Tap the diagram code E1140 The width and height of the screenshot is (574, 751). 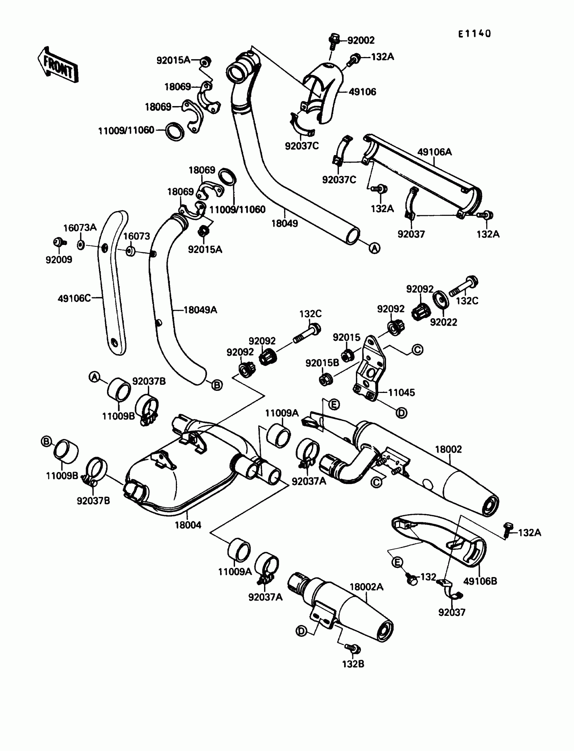[x=474, y=33]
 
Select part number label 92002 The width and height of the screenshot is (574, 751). [x=361, y=40]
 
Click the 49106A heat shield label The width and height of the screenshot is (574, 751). [x=434, y=152]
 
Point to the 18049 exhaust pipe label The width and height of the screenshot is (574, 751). [x=285, y=224]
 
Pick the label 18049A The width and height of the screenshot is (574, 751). [x=200, y=310]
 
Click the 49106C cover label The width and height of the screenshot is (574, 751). [x=74, y=298]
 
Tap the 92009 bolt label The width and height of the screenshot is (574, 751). [x=59, y=260]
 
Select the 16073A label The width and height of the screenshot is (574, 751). [x=80, y=228]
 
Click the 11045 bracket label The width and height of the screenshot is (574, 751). [x=401, y=393]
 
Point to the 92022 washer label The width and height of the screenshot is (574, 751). [x=443, y=322]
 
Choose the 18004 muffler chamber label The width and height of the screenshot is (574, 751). [x=188, y=525]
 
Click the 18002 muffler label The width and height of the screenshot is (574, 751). [x=448, y=449]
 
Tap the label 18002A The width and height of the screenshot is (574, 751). [x=366, y=587]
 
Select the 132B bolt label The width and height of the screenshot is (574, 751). [x=353, y=664]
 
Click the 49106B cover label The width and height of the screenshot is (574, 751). [x=480, y=581]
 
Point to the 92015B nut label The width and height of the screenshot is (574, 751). [x=322, y=363]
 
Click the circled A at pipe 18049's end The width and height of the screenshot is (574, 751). [x=375, y=248]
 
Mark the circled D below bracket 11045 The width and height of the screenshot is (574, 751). [x=401, y=413]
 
